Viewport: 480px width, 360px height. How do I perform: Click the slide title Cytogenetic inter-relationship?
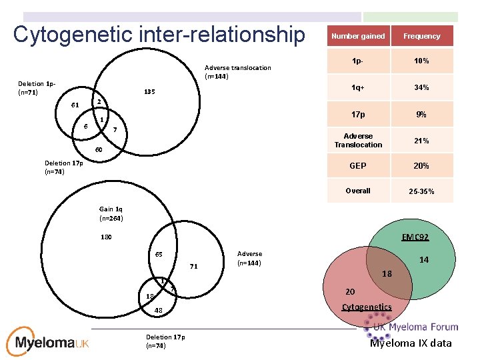pyautogui.click(x=158, y=35)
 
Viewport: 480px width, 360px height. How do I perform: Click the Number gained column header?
pyautogui.click(x=358, y=36)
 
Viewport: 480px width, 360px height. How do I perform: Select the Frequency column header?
pyautogui.click(x=421, y=36)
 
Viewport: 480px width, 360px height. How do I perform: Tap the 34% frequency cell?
pyautogui.click(x=421, y=87)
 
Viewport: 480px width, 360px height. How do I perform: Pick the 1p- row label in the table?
pyautogui.click(x=358, y=61)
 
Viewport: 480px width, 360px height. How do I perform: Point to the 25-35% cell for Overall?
pyautogui.click(x=421, y=191)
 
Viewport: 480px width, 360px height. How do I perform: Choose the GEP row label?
pyautogui.click(x=358, y=166)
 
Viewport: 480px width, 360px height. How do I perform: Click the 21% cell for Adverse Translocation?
pyautogui.click(x=421, y=141)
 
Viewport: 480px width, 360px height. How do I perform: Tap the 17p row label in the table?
pyautogui.click(x=358, y=115)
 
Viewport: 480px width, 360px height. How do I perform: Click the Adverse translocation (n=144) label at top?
pyautogui.click(x=237, y=72)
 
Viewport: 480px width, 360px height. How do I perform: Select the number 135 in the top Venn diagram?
pyautogui.click(x=149, y=92)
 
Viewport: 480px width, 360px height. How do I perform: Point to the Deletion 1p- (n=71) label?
pyautogui.click(x=37, y=88)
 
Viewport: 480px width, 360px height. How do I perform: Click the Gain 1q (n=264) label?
pyautogui.click(x=111, y=213)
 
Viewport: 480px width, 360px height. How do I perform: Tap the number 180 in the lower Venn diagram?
pyautogui.click(x=106, y=237)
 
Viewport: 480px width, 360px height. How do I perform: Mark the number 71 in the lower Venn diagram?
pyautogui.click(x=193, y=267)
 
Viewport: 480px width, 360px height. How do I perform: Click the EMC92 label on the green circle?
pyautogui.click(x=415, y=237)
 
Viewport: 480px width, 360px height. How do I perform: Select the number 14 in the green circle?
pyautogui.click(x=424, y=261)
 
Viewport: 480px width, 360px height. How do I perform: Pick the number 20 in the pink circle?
pyautogui.click(x=350, y=291)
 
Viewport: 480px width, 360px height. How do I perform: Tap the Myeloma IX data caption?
pyautogui.click(x=411, y=343)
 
